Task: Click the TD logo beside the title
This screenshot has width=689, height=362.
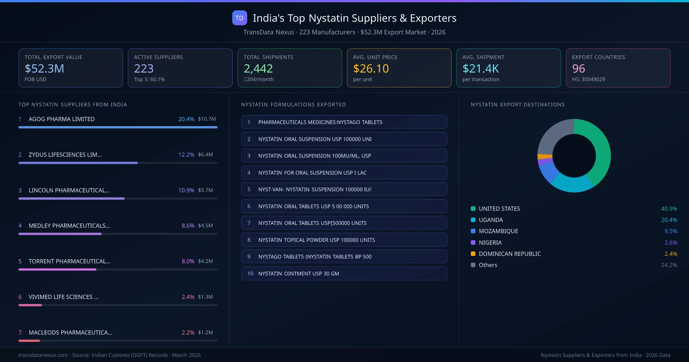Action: [239, 18]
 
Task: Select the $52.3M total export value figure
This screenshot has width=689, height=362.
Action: [44, 68]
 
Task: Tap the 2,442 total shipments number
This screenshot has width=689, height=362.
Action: [258, 68]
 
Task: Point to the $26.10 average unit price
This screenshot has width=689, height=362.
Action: [371, 68]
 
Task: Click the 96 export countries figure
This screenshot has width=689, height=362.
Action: [578, 68]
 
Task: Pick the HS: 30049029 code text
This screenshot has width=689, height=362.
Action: [588, 79]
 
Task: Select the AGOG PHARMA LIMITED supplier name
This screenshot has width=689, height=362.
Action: [61, 119]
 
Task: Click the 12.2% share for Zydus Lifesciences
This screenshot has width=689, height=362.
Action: [186, 155]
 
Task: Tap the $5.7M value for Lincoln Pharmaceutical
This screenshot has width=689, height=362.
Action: [205, 190]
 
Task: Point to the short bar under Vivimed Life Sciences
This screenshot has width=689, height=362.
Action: [30, 305]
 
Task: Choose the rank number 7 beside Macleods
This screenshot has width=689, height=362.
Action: [20, 332]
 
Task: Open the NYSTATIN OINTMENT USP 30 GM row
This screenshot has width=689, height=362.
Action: [344, 274]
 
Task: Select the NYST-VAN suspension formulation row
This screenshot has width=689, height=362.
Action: [344, 189]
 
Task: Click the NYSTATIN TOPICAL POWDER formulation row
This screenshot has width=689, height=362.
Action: [344, 240]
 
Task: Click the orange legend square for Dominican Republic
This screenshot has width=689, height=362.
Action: [473, 254]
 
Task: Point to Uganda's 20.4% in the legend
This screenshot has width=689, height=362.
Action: [669, 220]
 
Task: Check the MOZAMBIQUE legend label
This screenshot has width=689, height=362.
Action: [498, 231]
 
